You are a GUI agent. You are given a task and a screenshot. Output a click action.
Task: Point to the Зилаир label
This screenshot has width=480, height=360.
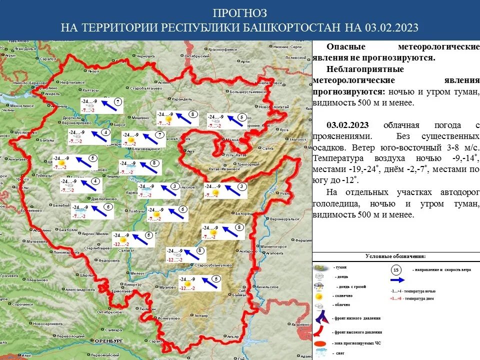click(x=202, y=315)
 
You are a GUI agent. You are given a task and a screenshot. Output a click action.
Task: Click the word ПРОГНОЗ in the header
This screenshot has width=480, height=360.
click(x=240, y=12)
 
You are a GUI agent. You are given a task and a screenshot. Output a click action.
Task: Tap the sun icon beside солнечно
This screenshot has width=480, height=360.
click(x=318, y=296)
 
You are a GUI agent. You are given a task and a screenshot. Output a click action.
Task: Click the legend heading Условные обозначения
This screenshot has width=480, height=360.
click(x=395, y=256)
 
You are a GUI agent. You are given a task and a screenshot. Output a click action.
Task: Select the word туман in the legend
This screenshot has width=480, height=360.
click(x=341, y=267)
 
